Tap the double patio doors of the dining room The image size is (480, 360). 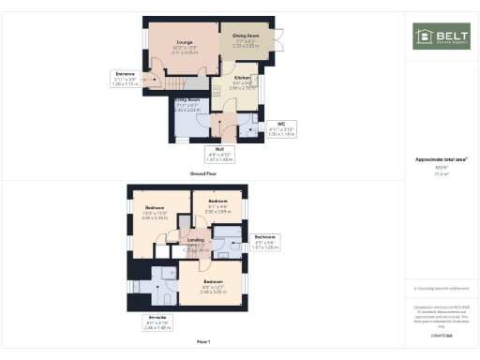pyautogui.click(x=278, y=39)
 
